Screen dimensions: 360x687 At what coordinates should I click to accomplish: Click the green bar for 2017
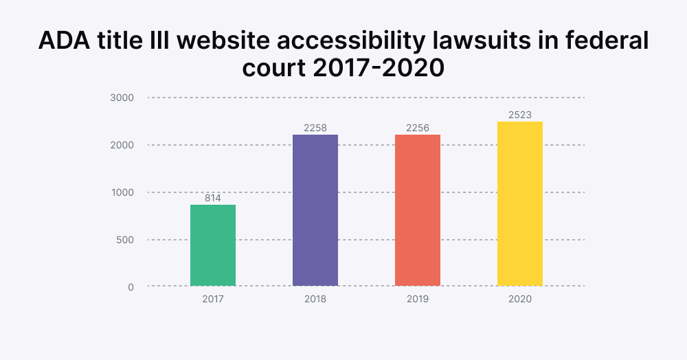[x=213, y=245]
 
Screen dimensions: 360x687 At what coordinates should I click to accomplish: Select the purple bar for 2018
[x=315, y=210]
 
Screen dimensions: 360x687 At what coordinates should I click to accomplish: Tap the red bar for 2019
[x=418, y=210]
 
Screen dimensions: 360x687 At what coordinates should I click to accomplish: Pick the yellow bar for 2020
[x=520, y=204]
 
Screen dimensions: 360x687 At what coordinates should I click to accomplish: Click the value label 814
[x=213, y=198]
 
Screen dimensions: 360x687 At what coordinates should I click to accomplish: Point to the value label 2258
[x=315, y=128]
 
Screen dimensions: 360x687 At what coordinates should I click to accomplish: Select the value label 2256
[x=418, y=128]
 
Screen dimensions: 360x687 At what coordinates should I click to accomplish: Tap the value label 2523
[x=520, y=115]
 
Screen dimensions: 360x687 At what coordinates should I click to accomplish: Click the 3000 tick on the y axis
[x=122, y=98]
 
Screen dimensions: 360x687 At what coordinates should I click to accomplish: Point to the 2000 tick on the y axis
[x=122, y=145]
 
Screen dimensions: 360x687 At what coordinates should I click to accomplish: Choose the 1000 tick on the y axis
[x=122, y=192]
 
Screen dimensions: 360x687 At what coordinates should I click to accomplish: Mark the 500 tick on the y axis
[x=124, y=240]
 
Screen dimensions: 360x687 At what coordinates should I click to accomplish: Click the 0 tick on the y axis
[x=131, y=286]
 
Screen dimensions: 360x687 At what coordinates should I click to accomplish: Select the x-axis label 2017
[x=213, y=300]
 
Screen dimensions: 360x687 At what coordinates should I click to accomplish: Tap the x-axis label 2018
[x=315, y=300]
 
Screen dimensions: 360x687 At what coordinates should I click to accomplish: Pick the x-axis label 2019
[x=418, y=300]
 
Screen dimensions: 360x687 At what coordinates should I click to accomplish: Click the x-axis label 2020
[x=520, y=300]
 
